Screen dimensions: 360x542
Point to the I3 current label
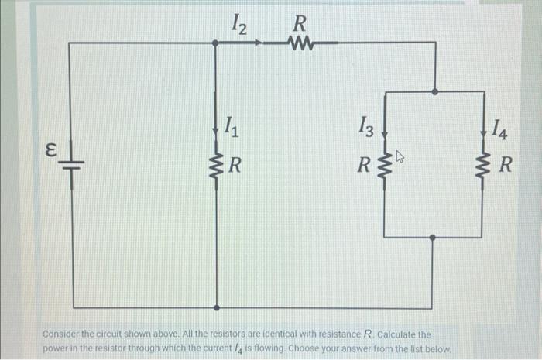point(366,125)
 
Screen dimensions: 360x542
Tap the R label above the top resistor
point(298,22)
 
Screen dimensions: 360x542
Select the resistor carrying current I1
point(215,165)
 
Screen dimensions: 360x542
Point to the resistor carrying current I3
point(385,165)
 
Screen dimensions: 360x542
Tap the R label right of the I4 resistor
point(505,165)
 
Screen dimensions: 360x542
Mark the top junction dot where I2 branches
point(215,43)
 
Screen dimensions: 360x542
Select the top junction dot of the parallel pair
point(435,91)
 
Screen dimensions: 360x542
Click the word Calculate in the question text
point(401,334)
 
